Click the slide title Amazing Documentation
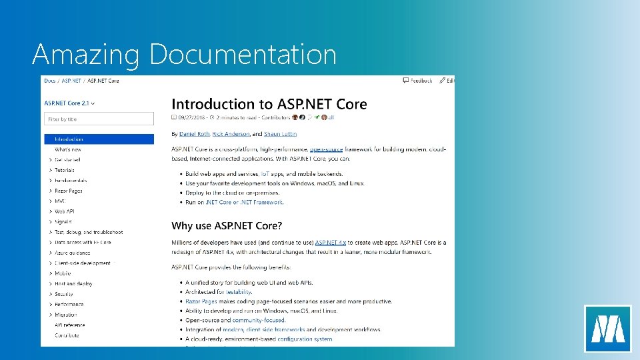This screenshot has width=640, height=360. (184, 54)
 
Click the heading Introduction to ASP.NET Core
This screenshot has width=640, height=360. (269, 104)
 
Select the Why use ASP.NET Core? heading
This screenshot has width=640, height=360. (227, 225)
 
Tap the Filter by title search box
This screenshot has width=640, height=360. (99, 119)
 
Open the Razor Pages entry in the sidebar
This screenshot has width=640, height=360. (68, 191)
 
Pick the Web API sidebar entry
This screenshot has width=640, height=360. (65, 211)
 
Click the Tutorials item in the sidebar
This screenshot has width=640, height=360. (65, 170)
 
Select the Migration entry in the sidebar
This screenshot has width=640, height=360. (66, 315)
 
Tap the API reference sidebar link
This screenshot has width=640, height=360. (70, 325)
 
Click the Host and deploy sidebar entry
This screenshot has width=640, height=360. (73, 283)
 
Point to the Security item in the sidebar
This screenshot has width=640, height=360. (64, 294)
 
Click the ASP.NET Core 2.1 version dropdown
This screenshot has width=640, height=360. (69, 103)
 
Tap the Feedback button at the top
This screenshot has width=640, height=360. (418, 81)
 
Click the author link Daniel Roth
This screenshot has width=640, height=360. (194, 134)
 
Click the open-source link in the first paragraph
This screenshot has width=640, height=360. (326, 149)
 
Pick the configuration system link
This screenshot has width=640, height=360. (305, 339)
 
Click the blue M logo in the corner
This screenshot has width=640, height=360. (607, 328)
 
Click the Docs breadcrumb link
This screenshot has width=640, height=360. (49, 81)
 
